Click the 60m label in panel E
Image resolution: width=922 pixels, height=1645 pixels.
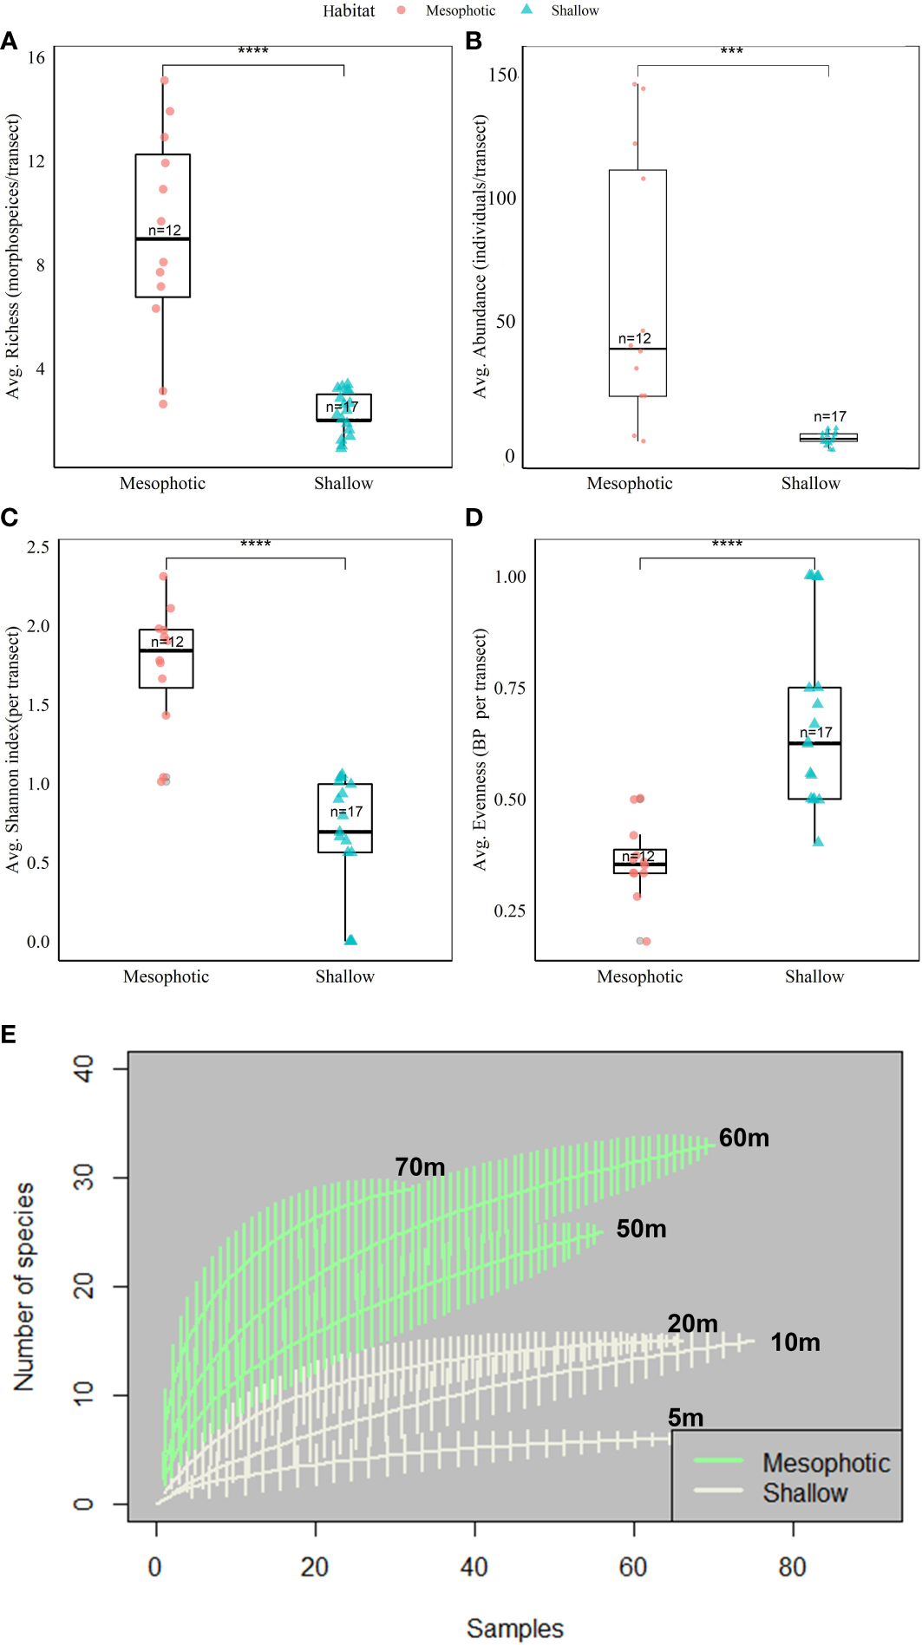[743, 1138]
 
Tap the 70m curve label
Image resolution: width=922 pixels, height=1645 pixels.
[420, 1167]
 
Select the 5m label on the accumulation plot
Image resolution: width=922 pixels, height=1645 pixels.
[685, 1418]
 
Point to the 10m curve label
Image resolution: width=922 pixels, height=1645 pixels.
[794, 1342]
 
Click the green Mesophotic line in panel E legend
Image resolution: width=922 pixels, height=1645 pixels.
[718, 1460]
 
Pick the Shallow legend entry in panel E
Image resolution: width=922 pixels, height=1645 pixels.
[804, 1493]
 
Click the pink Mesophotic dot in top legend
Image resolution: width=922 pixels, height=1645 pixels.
[401, 10]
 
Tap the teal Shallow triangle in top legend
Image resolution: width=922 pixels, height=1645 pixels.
[526, 10]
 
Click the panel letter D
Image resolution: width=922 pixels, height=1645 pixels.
[474, 518]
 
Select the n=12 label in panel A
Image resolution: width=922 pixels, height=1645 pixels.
[165, 230]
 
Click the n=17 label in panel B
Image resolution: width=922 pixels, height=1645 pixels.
[829, 417]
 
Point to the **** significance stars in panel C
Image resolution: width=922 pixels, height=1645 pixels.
[255, 545]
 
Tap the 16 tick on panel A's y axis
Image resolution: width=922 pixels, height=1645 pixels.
[36, 58]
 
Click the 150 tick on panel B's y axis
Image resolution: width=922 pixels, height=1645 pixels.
[502, 75]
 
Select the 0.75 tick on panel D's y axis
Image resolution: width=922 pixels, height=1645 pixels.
[509, 689]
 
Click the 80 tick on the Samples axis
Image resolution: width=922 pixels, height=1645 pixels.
[792, 1567]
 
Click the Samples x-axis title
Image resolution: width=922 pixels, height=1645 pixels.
[514, 1628]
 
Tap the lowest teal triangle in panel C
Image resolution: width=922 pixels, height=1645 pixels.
[350, 939]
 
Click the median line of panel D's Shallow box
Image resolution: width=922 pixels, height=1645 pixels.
[814, 743]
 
